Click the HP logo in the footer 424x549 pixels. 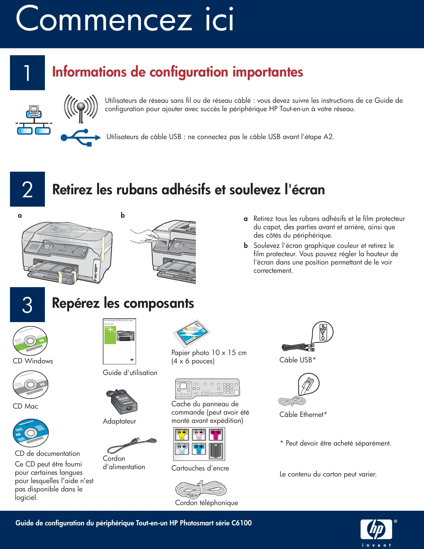coord(376,529)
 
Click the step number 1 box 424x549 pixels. coord(27,73)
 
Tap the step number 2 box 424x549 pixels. coord(27,189)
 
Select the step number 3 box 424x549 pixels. coord(27,304)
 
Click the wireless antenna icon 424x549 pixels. coord(81,107)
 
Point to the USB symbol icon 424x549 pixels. coord(81,137)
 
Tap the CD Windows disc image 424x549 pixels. coord(30,341)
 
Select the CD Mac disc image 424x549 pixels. coord(30,385)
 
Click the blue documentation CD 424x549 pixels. coord(31,433)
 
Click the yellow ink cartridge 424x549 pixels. coord(182,435)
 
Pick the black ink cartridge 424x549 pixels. coord(216,451)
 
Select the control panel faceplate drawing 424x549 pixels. coord(207,388)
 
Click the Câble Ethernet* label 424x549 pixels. coord(303,415)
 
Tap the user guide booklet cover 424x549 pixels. coord(119,341)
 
